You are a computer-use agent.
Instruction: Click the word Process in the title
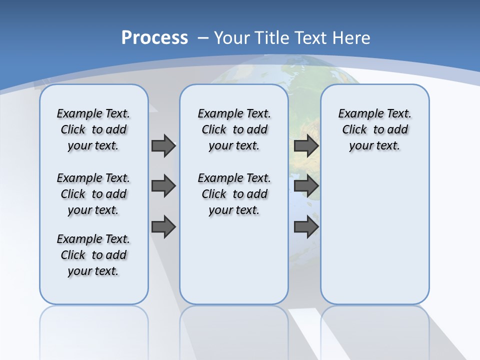[x=154, y=37]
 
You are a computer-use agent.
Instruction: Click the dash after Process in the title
[x=203, y=38]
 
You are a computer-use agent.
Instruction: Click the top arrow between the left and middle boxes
[x=163, y=145]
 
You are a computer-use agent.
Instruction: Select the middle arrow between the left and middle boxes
[x=163, y=186]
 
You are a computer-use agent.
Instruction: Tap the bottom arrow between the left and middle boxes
[x=163, y=227]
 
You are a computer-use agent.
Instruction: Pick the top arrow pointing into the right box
[x=306, y=145]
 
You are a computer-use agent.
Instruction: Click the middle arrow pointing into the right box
[x=306, y=186]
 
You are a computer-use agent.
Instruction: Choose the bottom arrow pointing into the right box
[x=306, y=227]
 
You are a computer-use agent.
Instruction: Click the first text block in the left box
[x=93, y=129]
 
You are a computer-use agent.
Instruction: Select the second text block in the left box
[x=93, y=194]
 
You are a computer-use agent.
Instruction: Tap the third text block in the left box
[x=93, y=255]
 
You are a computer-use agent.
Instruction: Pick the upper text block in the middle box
[x=234, y=129]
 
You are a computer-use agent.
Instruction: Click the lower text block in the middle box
[x=234, y=194]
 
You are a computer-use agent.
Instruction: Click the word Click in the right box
[x=354, y=130]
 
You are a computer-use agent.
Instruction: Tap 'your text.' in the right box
[x=374, y=146]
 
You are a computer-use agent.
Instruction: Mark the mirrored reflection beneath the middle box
[x=234, y=330]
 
